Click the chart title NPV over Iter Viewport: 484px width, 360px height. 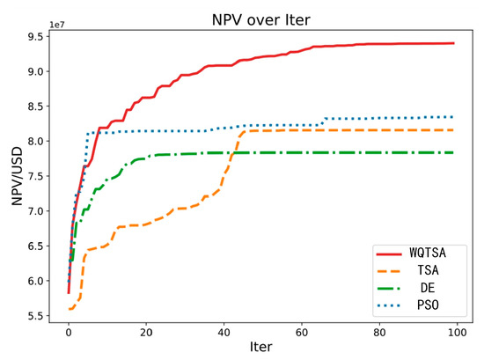click(260, 18)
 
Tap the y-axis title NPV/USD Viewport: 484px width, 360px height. click(16, 179)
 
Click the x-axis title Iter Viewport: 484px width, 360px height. click(260, 348)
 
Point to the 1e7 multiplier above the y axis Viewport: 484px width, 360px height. click(61, 28)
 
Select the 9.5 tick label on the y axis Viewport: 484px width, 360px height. click(39, 36)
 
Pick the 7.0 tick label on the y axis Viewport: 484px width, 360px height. click(39, 210)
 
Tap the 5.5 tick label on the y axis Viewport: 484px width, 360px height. click(39, 315)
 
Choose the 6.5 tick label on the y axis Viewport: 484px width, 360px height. click(39, 246)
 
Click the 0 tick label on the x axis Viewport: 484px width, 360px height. click(69, 330)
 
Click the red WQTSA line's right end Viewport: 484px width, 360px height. click(453, 43)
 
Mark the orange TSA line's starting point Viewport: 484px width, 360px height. click(69, 309)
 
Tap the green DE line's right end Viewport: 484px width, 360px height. click(453, 152)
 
